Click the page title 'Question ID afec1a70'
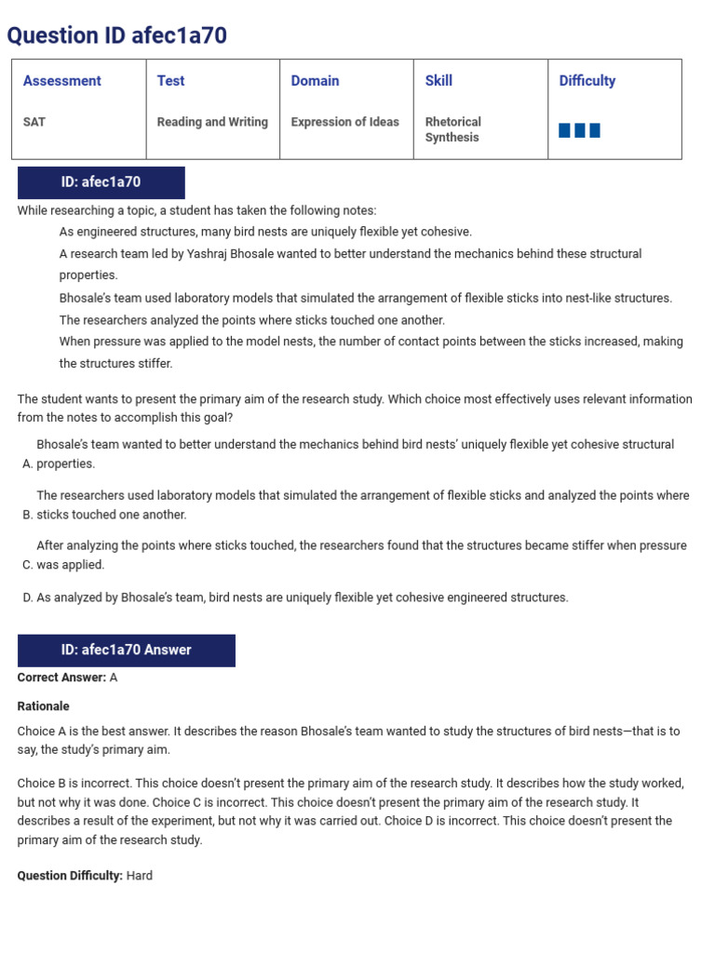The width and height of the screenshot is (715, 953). click(x=117, y=35)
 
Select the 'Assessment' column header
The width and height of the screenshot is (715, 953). click(x=61, y=81)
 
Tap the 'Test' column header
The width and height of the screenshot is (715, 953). click(x=170, y=81)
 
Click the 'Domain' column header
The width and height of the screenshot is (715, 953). click(x=315, y=81)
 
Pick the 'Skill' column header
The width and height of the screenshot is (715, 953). click(x=438, y=81)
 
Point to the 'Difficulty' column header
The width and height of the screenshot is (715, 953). click(x=587, y=81)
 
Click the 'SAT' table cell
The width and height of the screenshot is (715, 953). click(x=34, y=122)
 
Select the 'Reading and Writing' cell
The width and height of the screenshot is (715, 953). click(x=212, y=122)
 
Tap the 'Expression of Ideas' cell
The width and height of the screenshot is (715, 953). click(x=344, y=122)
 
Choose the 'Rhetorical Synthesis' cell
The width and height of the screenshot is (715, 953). click(x=452, y=129)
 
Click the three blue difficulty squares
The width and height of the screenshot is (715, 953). click(x=579, y=130)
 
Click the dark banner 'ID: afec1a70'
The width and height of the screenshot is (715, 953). click(x=101, y=182)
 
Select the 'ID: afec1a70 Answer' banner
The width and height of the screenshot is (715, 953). click(x=126, y=650)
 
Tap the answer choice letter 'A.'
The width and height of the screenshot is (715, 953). click(x=27, y=463)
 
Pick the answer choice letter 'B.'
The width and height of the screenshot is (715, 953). click(x=27, y=515)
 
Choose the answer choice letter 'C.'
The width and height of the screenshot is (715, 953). click(x=27, y=565)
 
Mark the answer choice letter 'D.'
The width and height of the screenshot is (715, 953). click(x=27, y=597)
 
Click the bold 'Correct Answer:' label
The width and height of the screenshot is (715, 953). click(x=61, y=678)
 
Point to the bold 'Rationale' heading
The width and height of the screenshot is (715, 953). click(x=43, y=706)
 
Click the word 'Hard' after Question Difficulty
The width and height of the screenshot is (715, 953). click(x=140, y=876)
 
